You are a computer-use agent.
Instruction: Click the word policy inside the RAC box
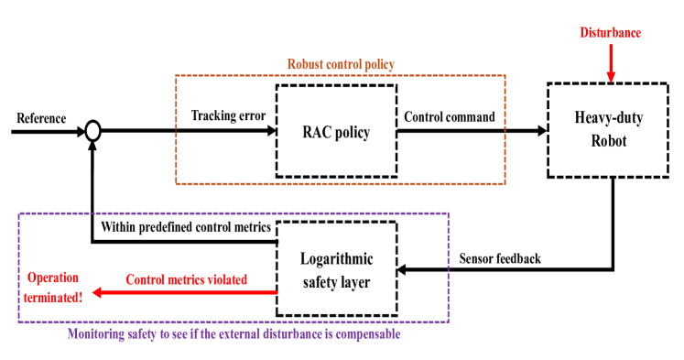[x=352, y=133]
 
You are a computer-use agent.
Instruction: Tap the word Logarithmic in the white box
[x=336, y=260]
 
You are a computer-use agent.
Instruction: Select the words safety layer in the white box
[x=336, y=282]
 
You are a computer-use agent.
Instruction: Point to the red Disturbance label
[x=610, y=33]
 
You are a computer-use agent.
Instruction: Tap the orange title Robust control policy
[x=341, y=65]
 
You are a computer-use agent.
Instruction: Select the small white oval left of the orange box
[x=92, y=131]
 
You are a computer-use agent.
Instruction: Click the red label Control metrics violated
[x=187, y=279]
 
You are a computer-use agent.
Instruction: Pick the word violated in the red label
[x=226, y=279]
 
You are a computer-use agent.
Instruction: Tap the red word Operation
[x=53, y=278]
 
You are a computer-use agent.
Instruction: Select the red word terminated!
[x=53, y=296]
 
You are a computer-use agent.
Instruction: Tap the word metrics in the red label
[x=179, y=279]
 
